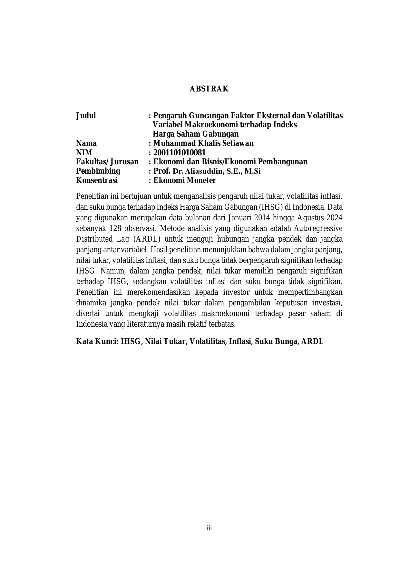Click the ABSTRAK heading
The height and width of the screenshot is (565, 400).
209,89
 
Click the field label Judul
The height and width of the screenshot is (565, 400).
86,116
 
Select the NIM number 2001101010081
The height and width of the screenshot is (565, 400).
180,152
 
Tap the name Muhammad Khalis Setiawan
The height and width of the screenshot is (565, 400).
203,143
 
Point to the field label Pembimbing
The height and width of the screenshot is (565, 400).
98,171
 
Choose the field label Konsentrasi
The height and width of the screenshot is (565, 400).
97,180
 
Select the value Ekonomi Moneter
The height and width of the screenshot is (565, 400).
185,180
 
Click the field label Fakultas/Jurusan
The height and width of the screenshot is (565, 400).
107,162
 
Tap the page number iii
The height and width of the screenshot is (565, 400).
209,528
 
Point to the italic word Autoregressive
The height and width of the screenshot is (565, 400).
318,228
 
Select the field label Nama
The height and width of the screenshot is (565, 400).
86,143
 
